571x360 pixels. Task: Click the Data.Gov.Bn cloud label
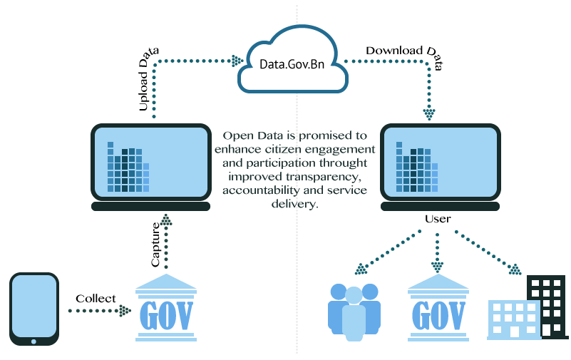pyautogui.click(x=292, y=64)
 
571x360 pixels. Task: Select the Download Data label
pyautogui.click(x=404, y=56)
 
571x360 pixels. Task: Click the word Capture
pyautogui.click(x=155, y=245)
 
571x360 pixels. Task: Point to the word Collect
pyautogui.click(x=96, y=299)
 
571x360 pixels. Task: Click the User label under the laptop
pyautogui.click(x=438, y=219)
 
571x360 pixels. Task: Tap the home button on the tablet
pyautogui.click(x=34, y=341)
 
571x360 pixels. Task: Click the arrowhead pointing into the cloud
pyautogui.click(x=237, y=61)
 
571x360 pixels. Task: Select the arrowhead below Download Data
pyautogui.click(x=429, y=114)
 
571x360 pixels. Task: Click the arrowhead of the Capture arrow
pyautogui.click(x=166, y=220)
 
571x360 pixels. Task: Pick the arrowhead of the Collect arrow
pyautogui.click(x=125, y=311)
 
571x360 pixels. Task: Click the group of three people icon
pyautogui.click(x=354, y=312)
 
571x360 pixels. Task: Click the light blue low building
pyautogui.click(x=513, y=320)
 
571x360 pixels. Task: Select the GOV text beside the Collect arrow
pyautogui.click(x=166, y=316)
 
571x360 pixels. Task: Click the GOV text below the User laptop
pyautogui.click(x=438, y=316)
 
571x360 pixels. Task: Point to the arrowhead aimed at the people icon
pyautogui.click(x=361, y=269)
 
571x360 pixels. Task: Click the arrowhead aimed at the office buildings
pyautogui.click(x=515, y=269)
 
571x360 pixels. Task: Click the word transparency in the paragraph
pyautogui.click(x=323, y=177)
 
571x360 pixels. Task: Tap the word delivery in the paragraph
pyautogui.click(x=294, y=204)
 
